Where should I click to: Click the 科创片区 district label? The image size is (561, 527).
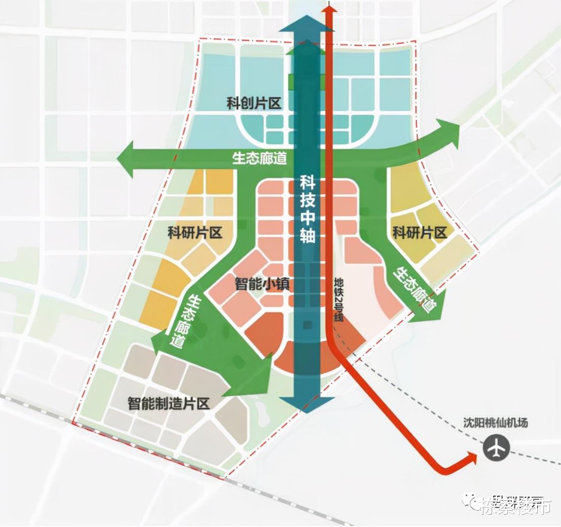click(253, 104)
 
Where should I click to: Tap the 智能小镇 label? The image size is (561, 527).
click(262, 283)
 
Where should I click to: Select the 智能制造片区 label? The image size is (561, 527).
click(168, 404)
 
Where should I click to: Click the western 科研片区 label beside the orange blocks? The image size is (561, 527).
click(195, 233)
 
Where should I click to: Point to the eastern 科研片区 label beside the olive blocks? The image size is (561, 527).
click(420, 233)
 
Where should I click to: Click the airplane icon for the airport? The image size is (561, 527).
click(495, 448)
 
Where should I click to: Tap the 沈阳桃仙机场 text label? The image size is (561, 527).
click(495, 422)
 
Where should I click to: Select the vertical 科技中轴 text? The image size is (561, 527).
click(307, 209)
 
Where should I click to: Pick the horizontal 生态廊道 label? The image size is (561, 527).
click(259, 159)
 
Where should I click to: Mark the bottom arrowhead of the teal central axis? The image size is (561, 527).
click(307, 405)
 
